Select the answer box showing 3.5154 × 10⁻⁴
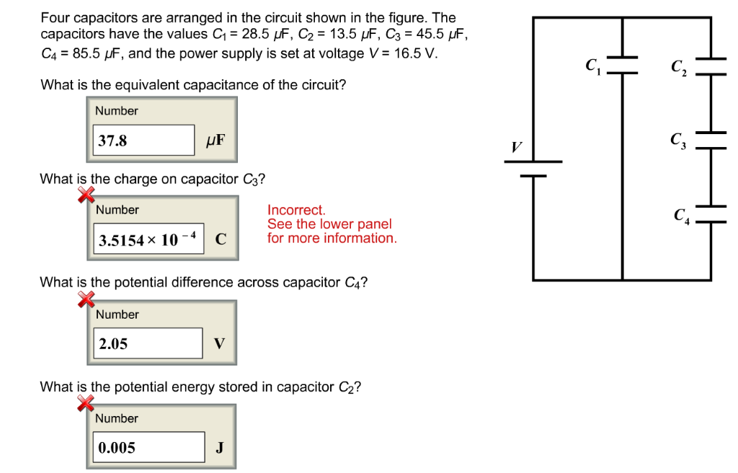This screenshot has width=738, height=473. [x=149, y=240]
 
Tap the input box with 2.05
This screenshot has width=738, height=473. [x=149, y=344]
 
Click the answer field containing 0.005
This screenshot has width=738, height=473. [x=149, y=448]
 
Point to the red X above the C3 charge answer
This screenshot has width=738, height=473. [x=86, y=195]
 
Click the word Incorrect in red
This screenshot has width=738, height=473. [x=296, y=210]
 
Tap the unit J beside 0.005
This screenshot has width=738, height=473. [x=219, y=448]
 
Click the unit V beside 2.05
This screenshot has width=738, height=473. [x=219, y=344]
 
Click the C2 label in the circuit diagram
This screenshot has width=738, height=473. [x=678, y=68]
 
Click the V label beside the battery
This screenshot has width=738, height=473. [x=516, y=147]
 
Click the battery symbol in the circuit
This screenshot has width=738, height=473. [x=533, y=168]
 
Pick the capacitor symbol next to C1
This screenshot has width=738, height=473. [x=622, y=65]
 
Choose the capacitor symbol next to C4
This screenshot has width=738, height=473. [x=711, y=213]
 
